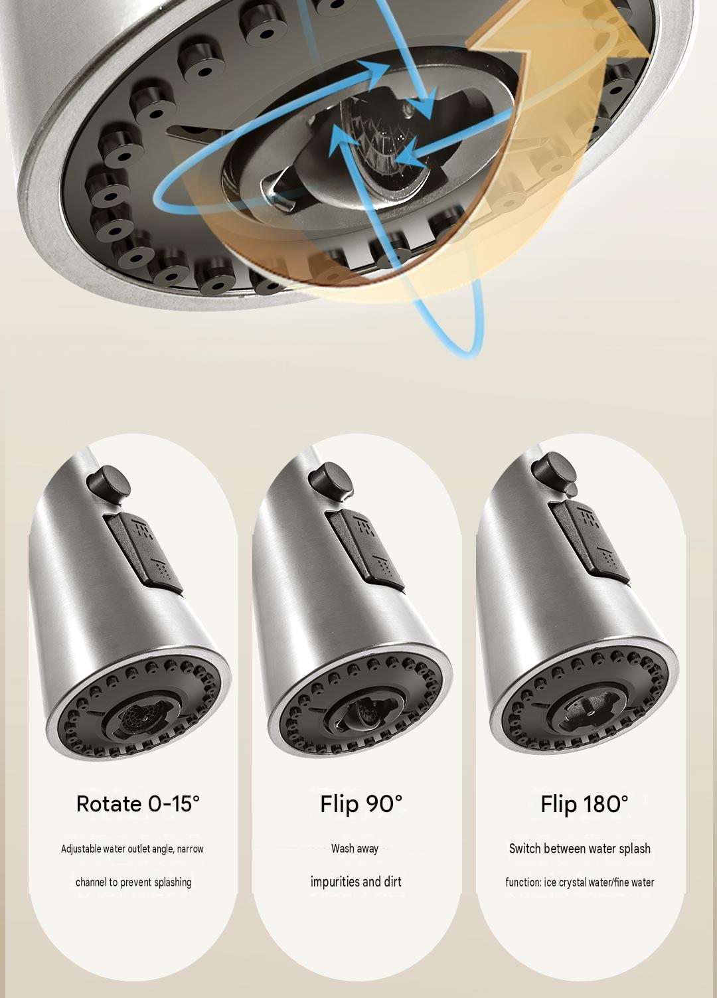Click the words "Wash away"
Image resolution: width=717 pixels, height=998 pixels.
coord(355,849)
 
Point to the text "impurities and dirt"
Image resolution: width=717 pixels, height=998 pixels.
coord(356,882)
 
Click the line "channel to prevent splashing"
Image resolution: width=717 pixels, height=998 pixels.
coord(133,882)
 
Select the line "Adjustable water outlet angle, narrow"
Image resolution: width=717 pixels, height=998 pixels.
coord(132,849)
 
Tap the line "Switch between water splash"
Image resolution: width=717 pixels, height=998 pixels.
coord(580,849)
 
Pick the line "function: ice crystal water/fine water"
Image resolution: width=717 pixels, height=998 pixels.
coord(580,882)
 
